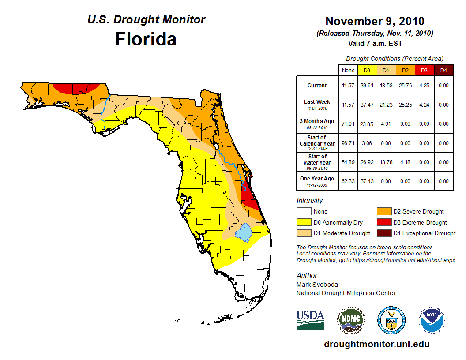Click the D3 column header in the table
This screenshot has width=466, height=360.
click(x=424, y=70)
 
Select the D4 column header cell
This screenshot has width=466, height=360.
click(x=443, y=70)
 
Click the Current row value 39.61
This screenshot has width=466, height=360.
click(x=367, y=86)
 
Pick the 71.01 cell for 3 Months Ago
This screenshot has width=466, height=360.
click(x=348, y=124)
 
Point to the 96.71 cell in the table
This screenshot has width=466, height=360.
click(x=348, y=143)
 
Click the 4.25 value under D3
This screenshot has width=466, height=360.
click(x=424, y=86)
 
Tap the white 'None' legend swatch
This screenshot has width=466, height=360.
click(x=304, y=211)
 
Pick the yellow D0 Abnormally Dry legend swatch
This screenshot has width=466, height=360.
click(x=304, y=222)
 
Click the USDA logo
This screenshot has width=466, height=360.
click(x=310, y=320)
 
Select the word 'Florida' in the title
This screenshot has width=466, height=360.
click(x=146, y=39)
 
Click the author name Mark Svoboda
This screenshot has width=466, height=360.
click(x=317, y=285)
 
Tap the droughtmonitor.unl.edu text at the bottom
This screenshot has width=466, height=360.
click(x=376, y=344)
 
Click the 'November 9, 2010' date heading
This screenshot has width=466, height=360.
click(x=375, y=21)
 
